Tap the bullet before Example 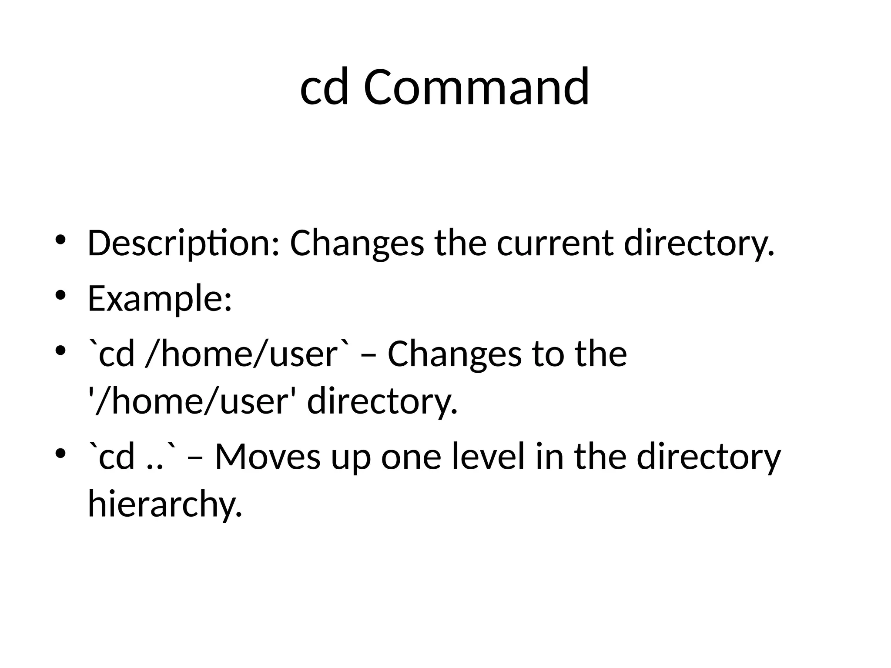(x=60, y=295)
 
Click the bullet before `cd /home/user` (x=60, y=350)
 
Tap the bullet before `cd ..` (x=60, y=454)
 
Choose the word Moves (x=268, y=457)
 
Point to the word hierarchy (x=164, y=504)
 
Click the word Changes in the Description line (x=357, y=244)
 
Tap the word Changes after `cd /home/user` (x=454, y=354)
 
